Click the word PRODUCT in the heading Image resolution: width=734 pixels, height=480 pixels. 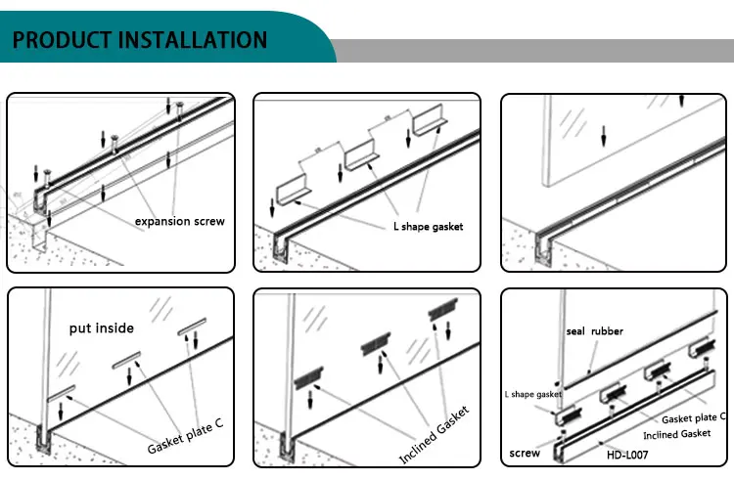tap(62, 39)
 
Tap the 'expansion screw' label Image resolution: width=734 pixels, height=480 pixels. tap(179, 221)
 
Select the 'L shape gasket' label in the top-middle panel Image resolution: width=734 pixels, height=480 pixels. tap(422, 227)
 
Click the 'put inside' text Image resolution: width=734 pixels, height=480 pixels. tap(100, 327)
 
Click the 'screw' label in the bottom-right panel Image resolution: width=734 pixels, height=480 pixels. tap(525, 454)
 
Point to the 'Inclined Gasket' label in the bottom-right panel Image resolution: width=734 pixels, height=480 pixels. tap(676, 434)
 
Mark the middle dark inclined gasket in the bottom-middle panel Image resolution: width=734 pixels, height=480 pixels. tap(378, 344)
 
